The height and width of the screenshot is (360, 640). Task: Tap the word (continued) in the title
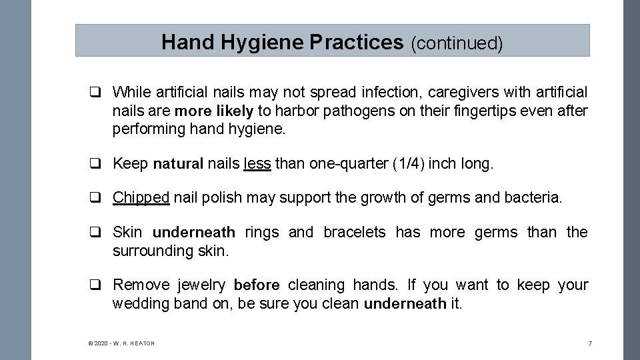pos(457,43)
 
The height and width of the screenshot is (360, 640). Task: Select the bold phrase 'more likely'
pos(213,110)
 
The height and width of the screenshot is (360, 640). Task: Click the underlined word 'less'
pos(257,163)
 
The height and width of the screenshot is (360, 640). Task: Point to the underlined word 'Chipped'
pos(141,197)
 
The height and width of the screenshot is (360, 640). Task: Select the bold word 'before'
pos(257,285)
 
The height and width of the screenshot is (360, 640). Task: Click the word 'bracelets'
pos(355,232)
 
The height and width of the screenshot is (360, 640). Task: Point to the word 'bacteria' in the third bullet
pos(533,197)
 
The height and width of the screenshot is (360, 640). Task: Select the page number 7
pos(589,343)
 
